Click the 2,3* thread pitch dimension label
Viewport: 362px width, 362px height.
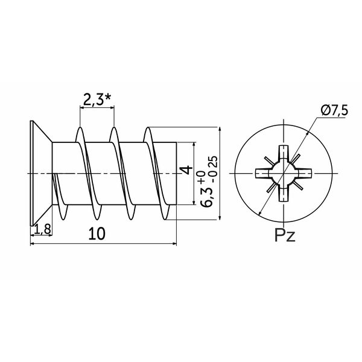click(x=97, y=100)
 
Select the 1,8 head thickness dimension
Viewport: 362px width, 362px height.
click(x=42, y=229)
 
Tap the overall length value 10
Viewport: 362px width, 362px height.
click(x=97, y=233)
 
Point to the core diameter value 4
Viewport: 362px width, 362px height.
click(x=187, y=170)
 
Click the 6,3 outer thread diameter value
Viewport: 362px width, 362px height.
click(x=206, y=197)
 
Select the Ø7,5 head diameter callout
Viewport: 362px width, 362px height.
click(x=334, y=111)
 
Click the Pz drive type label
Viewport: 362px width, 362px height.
click(x=285, y=236)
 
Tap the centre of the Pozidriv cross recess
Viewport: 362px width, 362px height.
click(x=284, y=173)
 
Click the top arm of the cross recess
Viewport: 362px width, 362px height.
click(x=284, y=153)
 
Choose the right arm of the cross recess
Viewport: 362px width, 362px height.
click(x=304, y=173)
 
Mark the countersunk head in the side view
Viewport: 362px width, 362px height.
click(x=41, y=173)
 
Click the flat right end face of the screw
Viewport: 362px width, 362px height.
click(x=176, y=173)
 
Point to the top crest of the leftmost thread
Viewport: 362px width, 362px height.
click(x=80, y=128)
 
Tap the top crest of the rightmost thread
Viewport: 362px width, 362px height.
click(x=148, y=128)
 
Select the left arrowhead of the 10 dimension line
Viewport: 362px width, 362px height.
click(x=33, y=243)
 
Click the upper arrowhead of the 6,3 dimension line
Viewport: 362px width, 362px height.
click(x=220, y=129)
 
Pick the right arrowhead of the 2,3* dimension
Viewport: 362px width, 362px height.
click(x=112, y=107)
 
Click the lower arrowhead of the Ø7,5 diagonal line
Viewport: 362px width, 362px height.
click(x=260, y=213)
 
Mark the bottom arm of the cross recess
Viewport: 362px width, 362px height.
click(x=284, y=194)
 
